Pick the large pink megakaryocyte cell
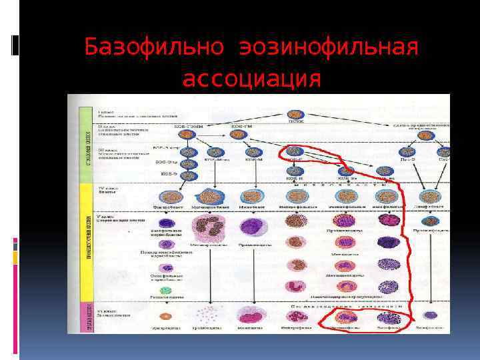pyautogui.click(x=211, y=230)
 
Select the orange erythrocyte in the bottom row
pyautogui.click(x=164, y=316)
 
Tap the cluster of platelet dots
pyautogui.click(x=209, y=315)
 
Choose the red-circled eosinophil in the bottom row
pyautogui.click(x=345, y=317)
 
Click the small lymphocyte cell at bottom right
pyautogui.click(x=431, y=315)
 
